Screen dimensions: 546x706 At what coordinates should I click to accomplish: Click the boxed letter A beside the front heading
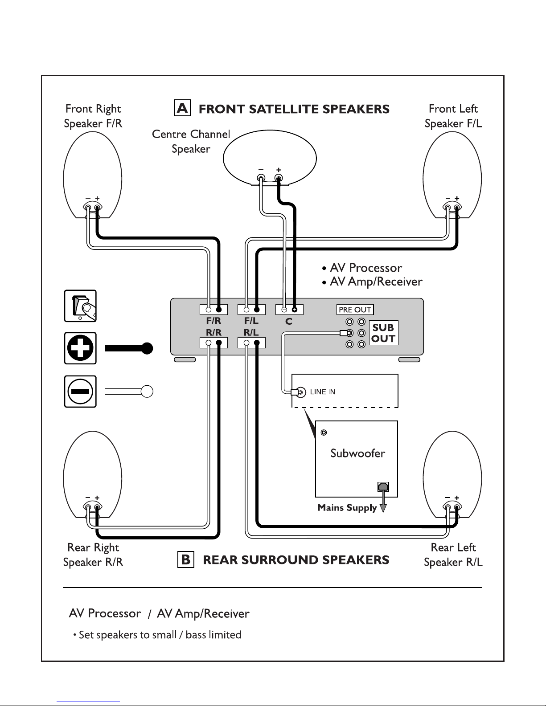point(182,108)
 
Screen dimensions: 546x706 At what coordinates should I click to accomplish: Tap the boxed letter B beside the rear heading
point(185,559)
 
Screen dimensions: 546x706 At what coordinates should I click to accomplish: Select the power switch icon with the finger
point(80,306)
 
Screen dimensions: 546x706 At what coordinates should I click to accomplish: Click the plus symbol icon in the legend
point(80,348)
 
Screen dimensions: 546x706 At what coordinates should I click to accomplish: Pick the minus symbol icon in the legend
point(80,391)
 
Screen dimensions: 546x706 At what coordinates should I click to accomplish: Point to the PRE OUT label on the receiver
point(355,310)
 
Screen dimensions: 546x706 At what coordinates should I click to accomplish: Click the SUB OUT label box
point(383,333)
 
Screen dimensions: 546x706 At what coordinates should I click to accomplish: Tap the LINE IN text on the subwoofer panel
point(322,392)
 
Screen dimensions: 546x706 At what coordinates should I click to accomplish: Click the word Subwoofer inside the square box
point(357,453)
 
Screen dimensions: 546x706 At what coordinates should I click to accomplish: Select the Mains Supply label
point(347,508)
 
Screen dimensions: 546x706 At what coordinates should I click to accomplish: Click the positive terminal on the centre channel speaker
point(279,178)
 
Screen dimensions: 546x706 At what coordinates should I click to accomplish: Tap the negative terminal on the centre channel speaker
point(261,178)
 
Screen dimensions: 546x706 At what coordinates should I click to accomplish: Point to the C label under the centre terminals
point(289,322)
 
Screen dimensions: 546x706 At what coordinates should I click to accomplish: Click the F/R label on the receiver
point(213,321)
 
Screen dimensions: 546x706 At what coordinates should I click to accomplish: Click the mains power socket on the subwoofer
point(383,486)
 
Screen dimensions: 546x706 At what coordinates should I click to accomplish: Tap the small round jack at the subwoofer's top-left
point(324,433)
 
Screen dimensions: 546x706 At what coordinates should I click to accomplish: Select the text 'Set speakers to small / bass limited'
point(160,635)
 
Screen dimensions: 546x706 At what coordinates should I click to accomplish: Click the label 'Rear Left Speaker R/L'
point(453,555)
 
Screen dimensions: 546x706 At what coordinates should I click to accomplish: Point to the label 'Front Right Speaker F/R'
point(93,116)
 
